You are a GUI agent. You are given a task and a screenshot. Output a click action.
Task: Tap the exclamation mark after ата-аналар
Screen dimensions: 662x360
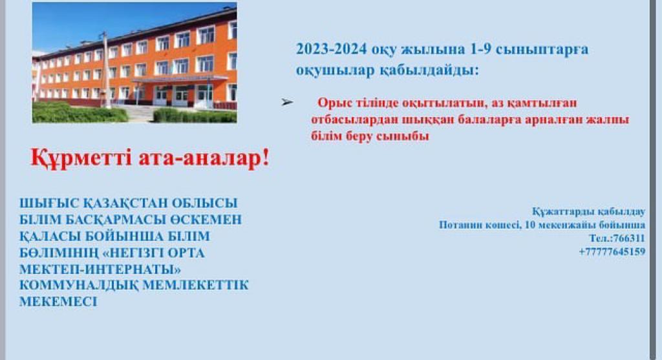coord(266,157)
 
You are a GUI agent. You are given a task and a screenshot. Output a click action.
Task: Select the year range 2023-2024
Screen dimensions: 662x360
coord(332,49)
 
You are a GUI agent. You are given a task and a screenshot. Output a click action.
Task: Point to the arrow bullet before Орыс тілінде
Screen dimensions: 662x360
coord(287,101)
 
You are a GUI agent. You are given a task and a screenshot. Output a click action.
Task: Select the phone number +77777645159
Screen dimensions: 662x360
coord(612,252)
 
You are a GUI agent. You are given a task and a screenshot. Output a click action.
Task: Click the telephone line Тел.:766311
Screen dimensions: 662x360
coord(617,238)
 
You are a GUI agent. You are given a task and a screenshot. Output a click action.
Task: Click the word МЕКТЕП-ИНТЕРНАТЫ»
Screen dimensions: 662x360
coord(100,270)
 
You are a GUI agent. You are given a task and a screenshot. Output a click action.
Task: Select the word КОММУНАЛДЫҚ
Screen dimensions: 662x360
coord(79,286)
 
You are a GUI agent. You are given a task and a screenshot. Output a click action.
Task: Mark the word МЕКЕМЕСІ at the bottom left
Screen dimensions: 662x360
coord(58,302)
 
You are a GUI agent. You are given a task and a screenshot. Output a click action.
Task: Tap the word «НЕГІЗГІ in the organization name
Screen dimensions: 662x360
coord(134,253)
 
